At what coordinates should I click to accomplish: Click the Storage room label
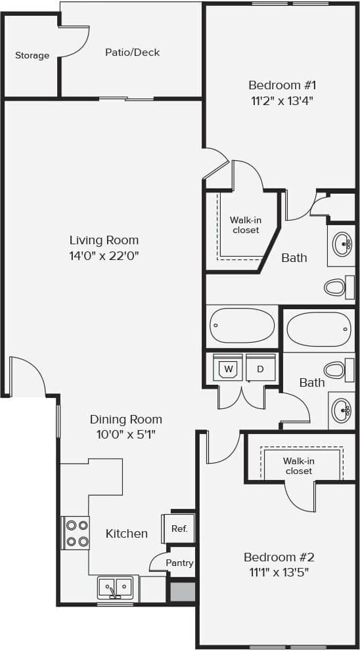pos(32,56)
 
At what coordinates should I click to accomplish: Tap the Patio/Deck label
pos(132,53)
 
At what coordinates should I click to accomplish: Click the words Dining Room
pos(125,419)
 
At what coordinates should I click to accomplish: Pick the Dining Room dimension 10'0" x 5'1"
pos(125,434)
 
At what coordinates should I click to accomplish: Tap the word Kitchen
pos(127,534)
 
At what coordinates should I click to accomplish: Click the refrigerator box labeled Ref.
pos(179,529)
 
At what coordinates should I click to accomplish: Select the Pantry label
pos(179,563)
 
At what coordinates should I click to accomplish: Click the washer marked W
pos(229,369)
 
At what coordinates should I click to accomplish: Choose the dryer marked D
pos(260,369)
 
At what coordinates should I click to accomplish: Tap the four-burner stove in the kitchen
pos(76,533)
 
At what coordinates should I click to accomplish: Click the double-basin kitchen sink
pos(116,586)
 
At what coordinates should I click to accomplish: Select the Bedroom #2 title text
pos(279,557)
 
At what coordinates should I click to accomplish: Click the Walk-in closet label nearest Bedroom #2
pos(298,466)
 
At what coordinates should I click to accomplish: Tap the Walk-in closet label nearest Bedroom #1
pos(244,225)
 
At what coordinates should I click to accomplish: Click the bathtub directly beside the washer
pos(242,326)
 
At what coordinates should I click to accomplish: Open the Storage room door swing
pos(76,41)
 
